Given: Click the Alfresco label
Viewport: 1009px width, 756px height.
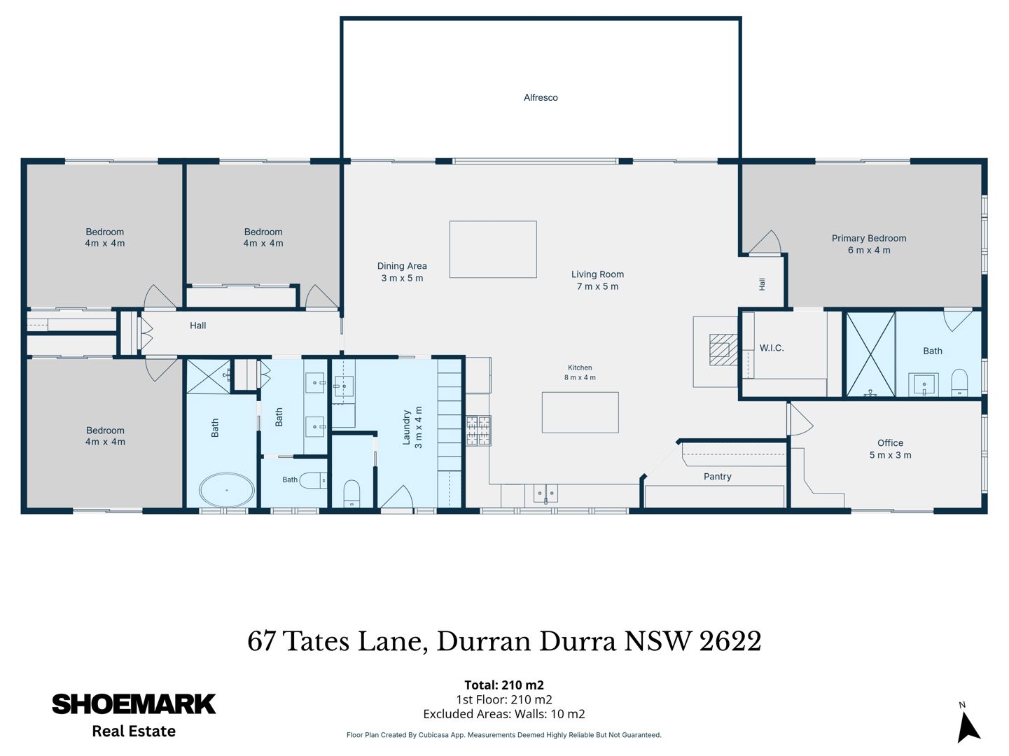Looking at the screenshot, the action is click(541, 97).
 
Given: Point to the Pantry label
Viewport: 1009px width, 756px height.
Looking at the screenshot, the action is click(717, 477).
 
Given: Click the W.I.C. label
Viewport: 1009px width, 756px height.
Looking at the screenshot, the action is click(772, 348).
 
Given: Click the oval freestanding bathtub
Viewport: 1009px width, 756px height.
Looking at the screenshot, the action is click(227, 490).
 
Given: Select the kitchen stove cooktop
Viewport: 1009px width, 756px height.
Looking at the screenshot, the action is click(479, 430).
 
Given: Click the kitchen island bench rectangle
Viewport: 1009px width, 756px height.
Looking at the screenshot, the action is click(580, 412).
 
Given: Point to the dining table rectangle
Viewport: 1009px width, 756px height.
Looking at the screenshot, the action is click(493, 249).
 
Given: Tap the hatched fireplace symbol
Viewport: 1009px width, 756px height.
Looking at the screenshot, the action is click(723, 349).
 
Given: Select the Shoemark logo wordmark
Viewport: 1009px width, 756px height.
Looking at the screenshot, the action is click(134, 704).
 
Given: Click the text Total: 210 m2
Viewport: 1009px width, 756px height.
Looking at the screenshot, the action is click(504, 685).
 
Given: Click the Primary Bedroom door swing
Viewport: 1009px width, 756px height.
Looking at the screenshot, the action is click(765, 241).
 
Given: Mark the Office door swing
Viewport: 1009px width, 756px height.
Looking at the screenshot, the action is click(800, 419).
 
